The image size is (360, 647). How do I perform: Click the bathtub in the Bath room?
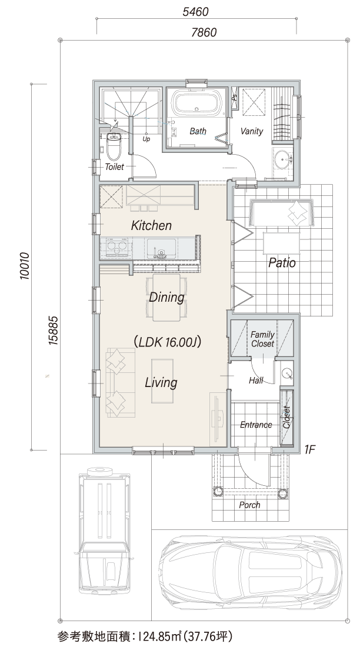pos(196,104)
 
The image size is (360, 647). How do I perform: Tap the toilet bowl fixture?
pos(113,146)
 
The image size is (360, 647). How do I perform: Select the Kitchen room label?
pos(151,226)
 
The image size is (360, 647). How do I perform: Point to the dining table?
pos(167,297)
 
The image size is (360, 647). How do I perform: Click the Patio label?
pos(282,262)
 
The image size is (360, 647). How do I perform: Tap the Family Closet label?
pos(262,339)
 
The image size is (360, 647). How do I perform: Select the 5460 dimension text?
pos(195,12)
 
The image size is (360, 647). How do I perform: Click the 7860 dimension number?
pos(204,32)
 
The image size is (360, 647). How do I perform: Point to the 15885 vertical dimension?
pos(52,331)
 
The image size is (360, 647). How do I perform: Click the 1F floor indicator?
pos(309,450)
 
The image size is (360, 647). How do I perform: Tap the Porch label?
pos(250,505)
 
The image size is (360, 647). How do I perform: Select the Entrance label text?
pos(256,425)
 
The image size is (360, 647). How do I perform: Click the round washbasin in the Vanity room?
pos(283,158)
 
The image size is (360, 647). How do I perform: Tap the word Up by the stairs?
pos(146,139)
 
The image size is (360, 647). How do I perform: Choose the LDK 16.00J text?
pos(167,342)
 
